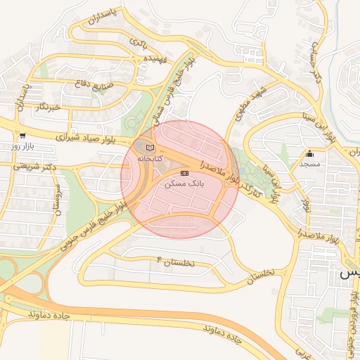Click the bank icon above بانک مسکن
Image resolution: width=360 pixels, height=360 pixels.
[x=184, y=172]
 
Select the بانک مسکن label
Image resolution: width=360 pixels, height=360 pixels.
[x=184, y=183]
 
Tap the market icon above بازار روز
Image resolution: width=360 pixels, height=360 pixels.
[x=23, y=135]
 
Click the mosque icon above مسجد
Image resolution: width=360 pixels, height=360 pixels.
[x=309, y=153]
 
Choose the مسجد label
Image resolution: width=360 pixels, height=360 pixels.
[x=309, y=163]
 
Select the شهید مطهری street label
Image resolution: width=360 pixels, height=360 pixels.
[x=252, y=104]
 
